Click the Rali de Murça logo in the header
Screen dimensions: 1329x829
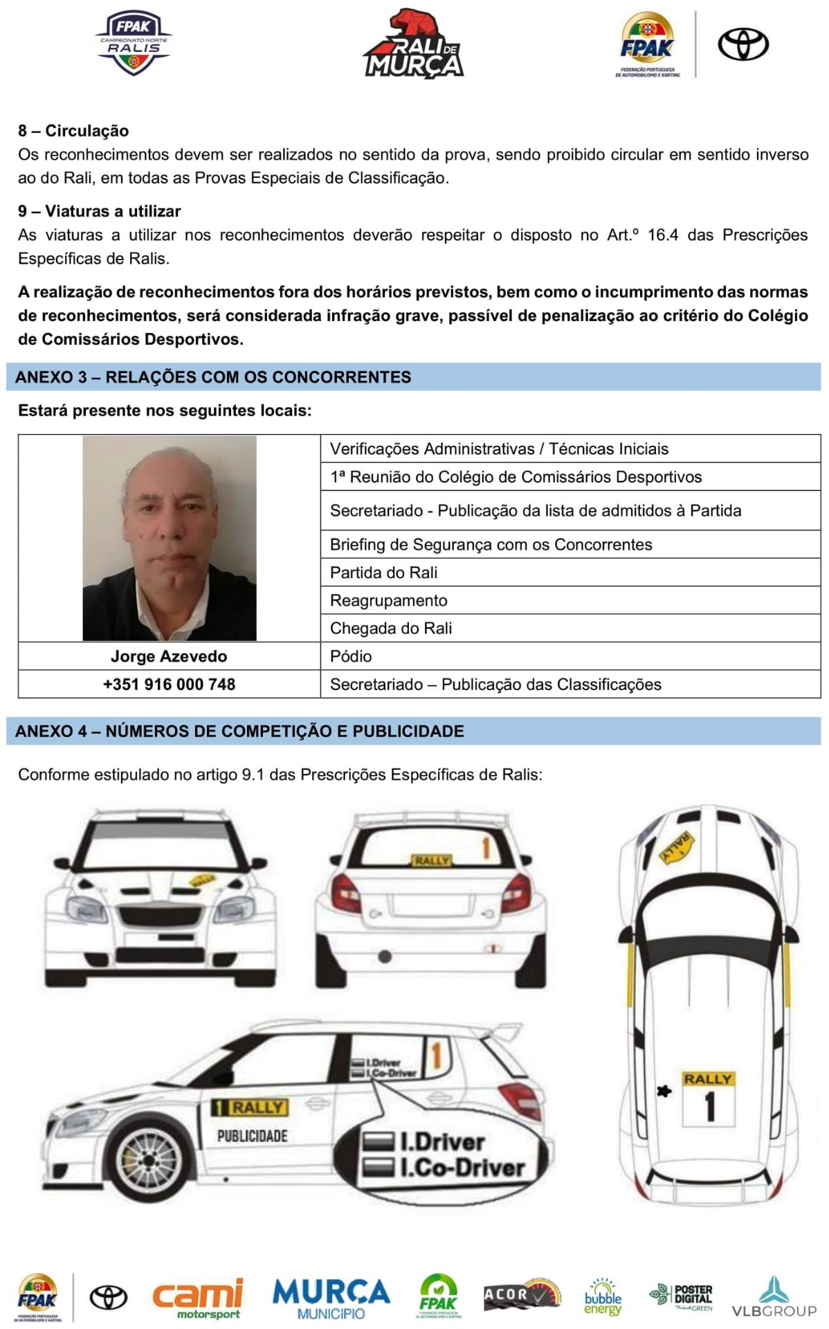414,45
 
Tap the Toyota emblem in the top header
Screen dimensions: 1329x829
743,44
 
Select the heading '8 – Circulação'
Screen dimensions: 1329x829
73,131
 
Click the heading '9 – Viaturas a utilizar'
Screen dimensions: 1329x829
100,211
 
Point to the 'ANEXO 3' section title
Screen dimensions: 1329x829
213,377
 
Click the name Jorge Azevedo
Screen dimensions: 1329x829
169,656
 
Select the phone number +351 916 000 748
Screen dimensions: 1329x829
169,685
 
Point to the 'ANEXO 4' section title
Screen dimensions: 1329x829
239,731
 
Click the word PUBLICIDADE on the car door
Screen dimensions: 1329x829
252,1136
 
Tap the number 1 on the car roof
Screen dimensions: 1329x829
709,1106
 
